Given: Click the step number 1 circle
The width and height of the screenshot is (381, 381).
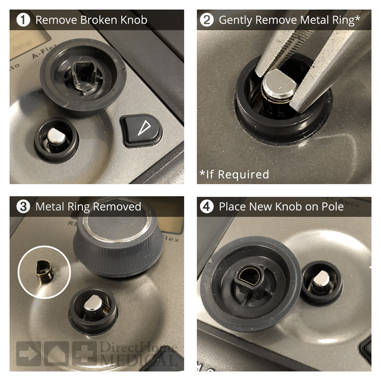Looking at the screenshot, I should (x=23, y=20).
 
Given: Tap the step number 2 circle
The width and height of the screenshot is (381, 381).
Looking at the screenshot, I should (x=207, y=20).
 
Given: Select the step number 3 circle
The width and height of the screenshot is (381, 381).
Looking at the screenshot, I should (x=23, y=207).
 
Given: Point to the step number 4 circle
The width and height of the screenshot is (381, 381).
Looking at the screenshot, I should (x=207, y=207).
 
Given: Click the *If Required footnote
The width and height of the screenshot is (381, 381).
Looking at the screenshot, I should (x=234, y=174).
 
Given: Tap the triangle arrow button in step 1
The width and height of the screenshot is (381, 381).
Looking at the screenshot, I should (x=141, y=130).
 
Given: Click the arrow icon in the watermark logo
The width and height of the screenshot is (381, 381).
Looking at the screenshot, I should (x=28, y=353).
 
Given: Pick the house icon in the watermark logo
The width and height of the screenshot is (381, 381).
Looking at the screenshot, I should (x=56, y=353).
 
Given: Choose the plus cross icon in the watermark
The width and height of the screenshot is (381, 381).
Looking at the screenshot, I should (x=84, y=353).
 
